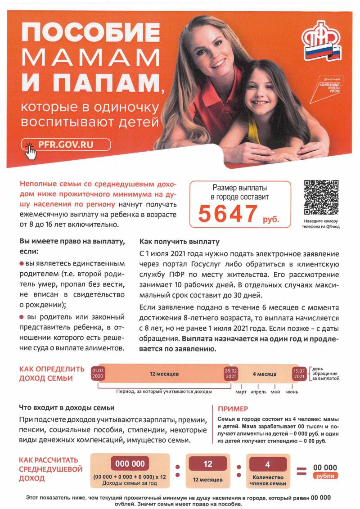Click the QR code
tap(321, 198)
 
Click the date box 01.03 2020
tap(98, 373)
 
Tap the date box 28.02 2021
tap(230, 373)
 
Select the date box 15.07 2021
tap(299, 373)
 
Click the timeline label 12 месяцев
tap(164, 374)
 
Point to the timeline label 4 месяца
tap(265, 374)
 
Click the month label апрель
tap(258, 392)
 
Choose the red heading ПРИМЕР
tap(233, 409)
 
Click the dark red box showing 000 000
tap(130, 464)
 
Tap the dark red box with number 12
tap(207, 464)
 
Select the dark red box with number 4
tap(268, 464)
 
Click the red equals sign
tap(301, 471)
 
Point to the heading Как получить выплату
tap(180, 241)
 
